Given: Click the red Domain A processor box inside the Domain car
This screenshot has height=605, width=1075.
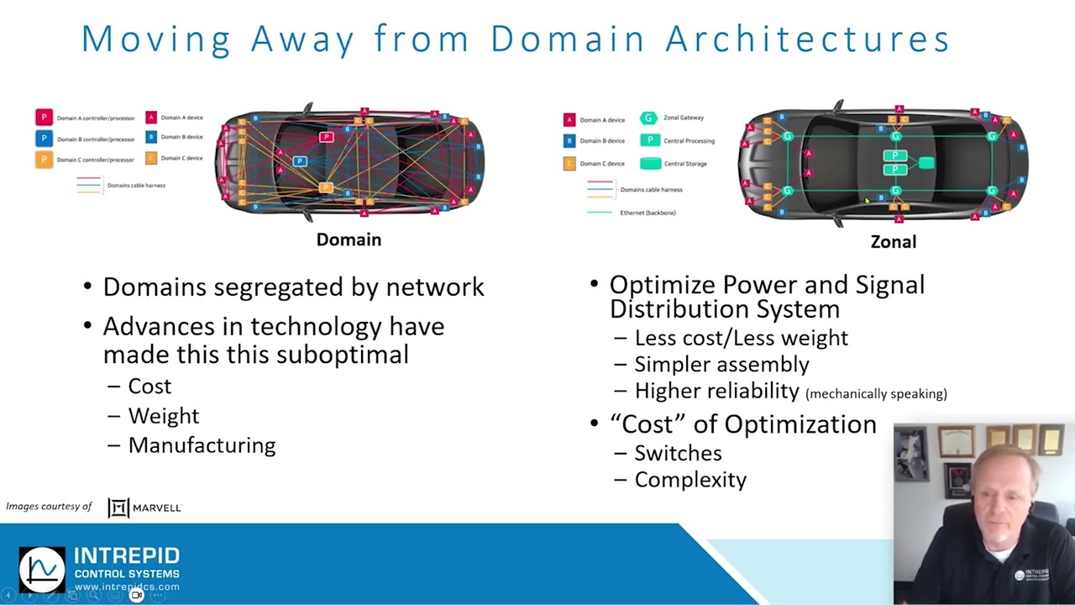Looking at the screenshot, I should tap(327, 137).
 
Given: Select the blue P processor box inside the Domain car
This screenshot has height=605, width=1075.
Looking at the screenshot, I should tap(300, 161).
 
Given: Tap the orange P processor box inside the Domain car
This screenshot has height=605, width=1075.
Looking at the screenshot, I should tap(326, 188).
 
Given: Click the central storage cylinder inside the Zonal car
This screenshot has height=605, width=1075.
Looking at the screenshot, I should tap(926, 163).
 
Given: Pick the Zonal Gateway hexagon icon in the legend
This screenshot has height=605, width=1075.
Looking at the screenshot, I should tap(648, 118).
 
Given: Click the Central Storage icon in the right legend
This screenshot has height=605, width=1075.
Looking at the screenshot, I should tap(650, 164).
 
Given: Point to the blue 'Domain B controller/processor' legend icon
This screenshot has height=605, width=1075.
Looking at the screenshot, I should tap(44, 139).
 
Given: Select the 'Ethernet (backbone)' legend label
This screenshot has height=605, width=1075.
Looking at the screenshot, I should tap(648, 213).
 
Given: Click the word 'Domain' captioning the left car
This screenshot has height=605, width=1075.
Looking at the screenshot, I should tap(349, 239).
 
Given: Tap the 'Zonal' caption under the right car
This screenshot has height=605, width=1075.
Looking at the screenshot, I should tap(893, 242).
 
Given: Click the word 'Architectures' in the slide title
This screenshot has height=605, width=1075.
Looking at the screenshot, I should tap(807, 39).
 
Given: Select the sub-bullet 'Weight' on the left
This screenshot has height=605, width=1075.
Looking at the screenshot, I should tap(163, 416).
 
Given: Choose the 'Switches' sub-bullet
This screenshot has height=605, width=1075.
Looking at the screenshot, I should tap(677, 453).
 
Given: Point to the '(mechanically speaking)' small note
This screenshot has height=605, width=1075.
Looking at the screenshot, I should tap(876, 393).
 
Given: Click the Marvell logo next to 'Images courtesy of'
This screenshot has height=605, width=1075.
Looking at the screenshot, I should tap(144, 508).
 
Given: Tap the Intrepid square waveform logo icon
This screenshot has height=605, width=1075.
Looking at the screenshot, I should tap(42, 570).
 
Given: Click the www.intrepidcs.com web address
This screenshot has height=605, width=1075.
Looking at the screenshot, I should tap(127, 587).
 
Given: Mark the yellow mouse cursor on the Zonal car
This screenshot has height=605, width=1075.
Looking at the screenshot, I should tap(867, 201).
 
